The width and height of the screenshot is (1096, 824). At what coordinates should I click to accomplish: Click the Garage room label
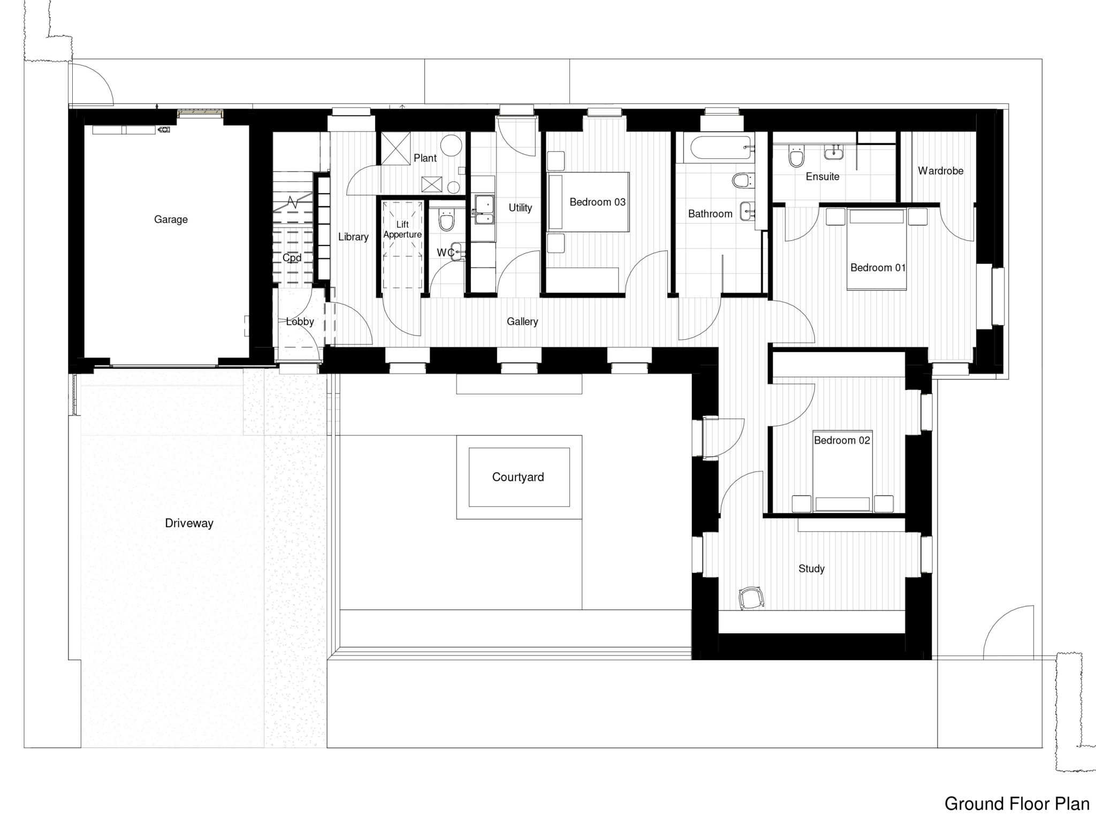coord(171,219)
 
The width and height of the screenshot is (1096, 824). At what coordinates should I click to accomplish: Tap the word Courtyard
coord(517,477)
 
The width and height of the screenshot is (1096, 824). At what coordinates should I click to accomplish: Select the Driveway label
coord(189,523)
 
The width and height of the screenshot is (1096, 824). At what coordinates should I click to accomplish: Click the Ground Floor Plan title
coord(1017,804)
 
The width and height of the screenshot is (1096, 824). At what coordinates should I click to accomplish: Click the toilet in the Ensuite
coord(796,156)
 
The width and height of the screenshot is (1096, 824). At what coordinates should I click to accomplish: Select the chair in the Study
coord(751,598)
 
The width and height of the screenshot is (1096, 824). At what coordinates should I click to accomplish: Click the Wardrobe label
coord(940,171)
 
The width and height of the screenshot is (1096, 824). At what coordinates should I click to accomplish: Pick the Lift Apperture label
coord(402,230)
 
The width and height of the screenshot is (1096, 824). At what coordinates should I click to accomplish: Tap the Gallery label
coord(522,322)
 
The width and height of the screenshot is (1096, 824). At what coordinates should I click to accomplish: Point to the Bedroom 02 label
coord(842,440)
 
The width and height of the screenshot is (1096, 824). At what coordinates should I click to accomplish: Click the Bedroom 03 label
coord(597,202)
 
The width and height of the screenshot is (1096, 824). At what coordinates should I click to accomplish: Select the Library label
coord(353,236)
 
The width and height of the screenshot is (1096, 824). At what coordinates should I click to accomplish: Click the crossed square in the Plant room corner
coord(395,149)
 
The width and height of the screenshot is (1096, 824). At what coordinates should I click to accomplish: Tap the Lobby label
coord(300,322)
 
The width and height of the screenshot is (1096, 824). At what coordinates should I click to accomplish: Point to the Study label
coord(811,569)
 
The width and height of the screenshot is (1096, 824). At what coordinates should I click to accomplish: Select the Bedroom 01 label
coord(878,268)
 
